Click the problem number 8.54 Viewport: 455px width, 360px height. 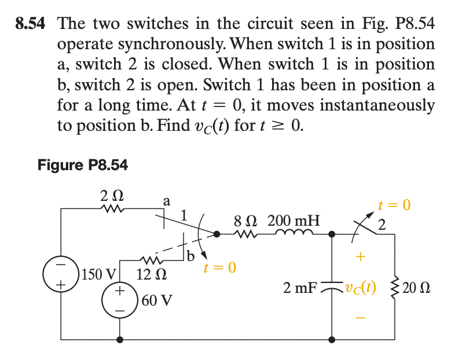coord(30,24)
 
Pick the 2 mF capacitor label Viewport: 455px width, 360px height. coord(299,288)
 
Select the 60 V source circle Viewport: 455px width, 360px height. coord(120,300)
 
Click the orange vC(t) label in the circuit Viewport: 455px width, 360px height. coord(359,288)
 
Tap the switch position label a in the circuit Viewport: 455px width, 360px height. coord(167,201)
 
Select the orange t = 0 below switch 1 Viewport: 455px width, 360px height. coord(219,268)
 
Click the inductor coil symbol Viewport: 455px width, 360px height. coord(297,233)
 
